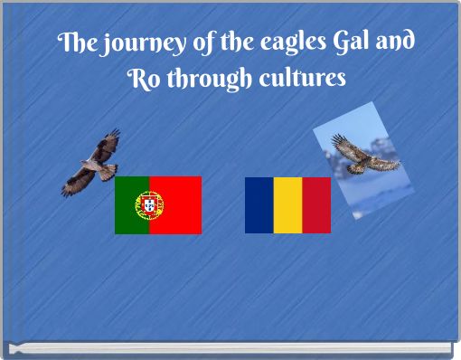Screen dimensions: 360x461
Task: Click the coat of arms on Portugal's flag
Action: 148,205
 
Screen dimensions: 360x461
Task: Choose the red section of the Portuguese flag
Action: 181,205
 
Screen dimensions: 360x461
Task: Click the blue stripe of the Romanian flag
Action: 259,205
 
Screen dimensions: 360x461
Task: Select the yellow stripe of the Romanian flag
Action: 287,205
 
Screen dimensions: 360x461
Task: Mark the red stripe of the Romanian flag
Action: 316,205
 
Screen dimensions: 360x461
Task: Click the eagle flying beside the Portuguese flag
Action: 93,163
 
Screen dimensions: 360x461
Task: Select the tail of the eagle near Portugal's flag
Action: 108,169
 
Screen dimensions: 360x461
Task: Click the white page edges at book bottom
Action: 230,348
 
